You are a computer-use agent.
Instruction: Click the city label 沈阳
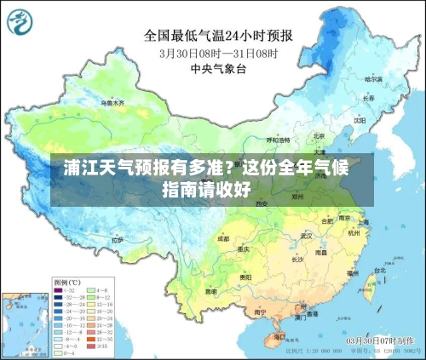tap(360, 120)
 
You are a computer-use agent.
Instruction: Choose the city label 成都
tap(223, 239)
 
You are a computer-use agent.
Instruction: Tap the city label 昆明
tap(210, 291)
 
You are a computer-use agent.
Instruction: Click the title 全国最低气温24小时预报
tap(218, 36)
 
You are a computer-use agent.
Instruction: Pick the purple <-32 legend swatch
tap(58, 290)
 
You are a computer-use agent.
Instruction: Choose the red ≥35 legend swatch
tap(92, 346)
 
